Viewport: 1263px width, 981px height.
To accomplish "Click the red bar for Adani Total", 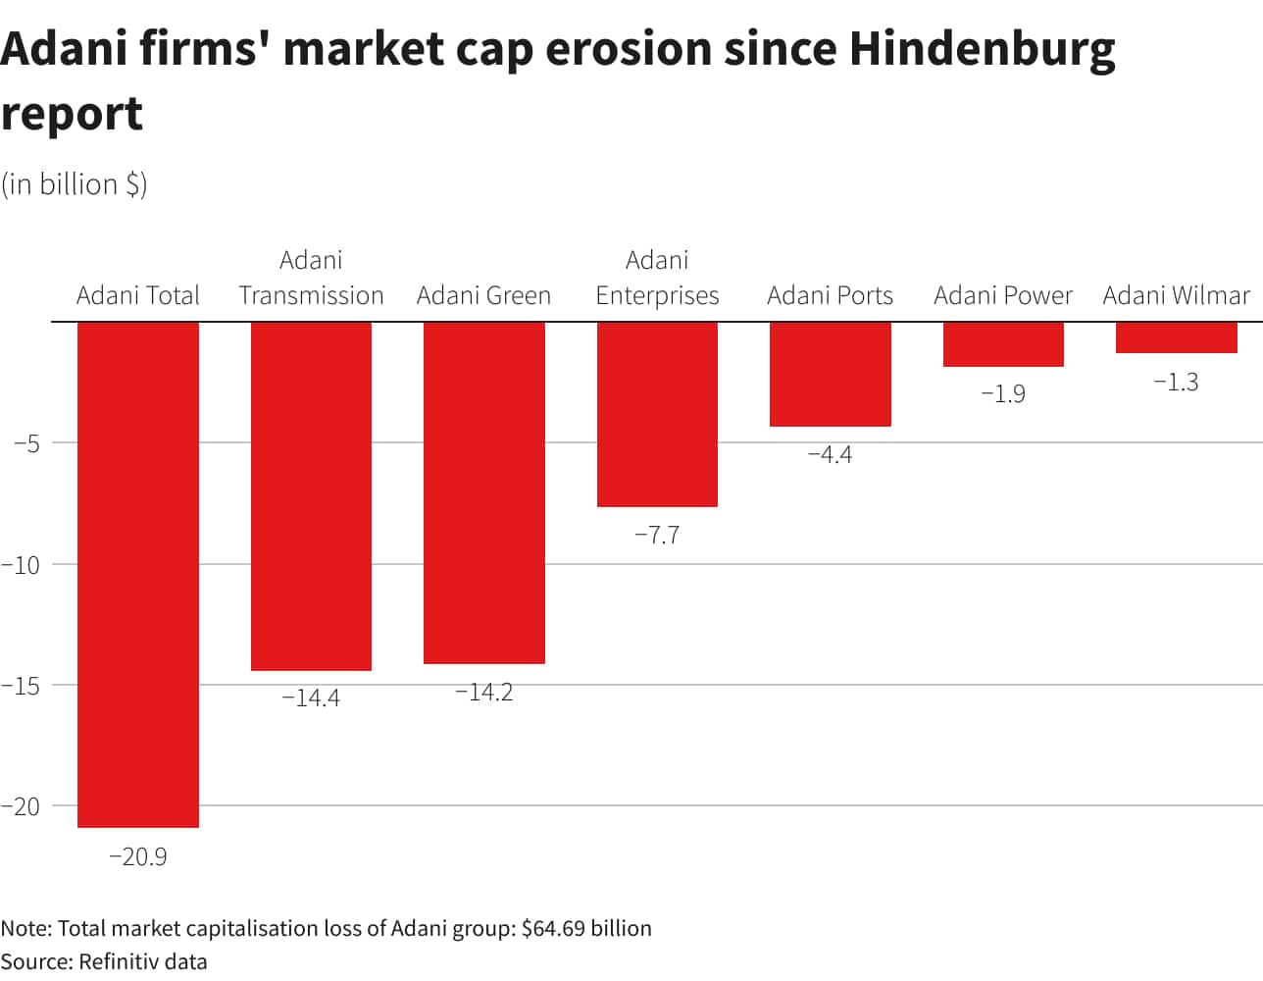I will click(138, 574).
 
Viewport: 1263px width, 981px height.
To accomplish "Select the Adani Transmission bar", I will click(311, 495).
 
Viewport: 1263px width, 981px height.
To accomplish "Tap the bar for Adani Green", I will click(483, 492).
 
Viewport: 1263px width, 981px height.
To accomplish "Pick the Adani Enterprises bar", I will click(657, 414).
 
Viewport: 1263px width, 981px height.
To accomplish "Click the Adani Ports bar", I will click(830, 374).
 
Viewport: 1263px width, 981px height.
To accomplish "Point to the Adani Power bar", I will click(1003, 344).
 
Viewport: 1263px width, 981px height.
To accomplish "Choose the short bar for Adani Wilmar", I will click(1176, 337).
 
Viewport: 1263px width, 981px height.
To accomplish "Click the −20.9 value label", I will click(138, 856).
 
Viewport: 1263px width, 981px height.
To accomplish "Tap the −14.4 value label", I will click(311, 697).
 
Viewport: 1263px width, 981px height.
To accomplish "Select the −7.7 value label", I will click(657, 535).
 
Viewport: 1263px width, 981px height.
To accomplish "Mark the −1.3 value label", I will click(1176, 382).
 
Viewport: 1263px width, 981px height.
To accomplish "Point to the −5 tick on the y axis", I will click(26, 442).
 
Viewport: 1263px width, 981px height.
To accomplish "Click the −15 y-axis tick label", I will click(21, 685).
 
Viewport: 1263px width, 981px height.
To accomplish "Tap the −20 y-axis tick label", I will click(21, 806).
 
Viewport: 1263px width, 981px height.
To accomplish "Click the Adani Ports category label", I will click(830, 295).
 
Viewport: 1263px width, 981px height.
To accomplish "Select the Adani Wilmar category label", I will click(1176, 295).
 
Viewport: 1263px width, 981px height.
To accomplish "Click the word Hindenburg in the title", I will click(982, 49).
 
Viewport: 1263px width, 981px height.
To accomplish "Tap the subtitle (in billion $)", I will click(74, 184).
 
